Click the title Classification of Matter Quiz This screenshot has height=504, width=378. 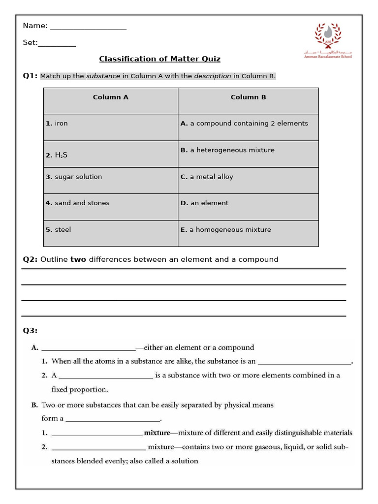click(159, 59)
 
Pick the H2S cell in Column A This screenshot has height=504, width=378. click(111, 154)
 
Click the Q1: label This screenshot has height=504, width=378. click(30, 76)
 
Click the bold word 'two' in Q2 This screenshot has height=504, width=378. click(78, 259)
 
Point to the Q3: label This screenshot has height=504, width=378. click(30, 330)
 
